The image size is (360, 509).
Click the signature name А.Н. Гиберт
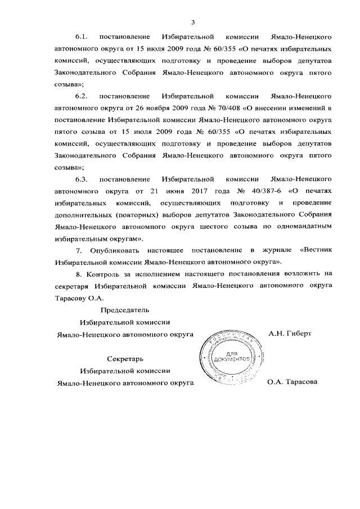pos(290,334)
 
